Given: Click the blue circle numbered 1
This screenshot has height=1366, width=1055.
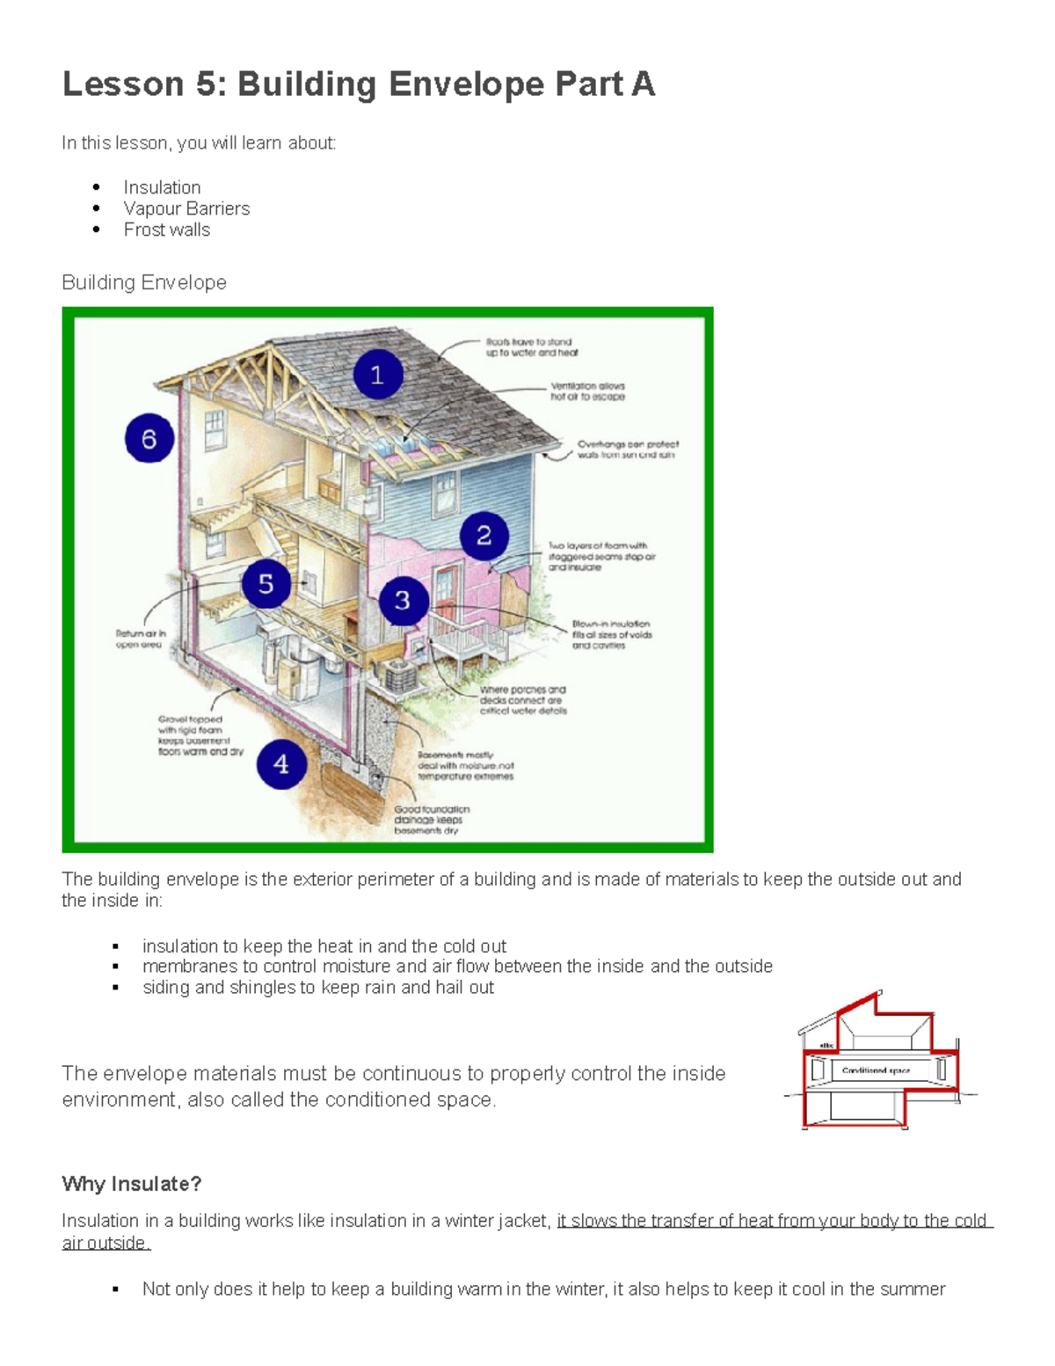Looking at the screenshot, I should [378, 375].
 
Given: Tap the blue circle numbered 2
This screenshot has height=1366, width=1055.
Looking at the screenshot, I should [484, 536].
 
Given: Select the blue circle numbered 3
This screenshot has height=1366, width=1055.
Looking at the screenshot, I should [403, 600].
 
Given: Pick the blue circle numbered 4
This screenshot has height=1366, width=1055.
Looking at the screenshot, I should [281, 763].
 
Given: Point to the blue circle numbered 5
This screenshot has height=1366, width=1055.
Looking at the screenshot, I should [266, 583].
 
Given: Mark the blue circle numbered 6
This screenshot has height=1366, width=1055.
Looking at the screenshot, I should [149, 438].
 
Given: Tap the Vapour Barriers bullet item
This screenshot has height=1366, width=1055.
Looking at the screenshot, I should [186, 208].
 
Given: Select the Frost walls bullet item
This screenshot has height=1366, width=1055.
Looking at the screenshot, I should [166, 230].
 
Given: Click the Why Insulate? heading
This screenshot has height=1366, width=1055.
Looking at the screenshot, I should [131, 1184].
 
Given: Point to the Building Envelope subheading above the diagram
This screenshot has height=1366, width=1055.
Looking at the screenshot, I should [144, 282].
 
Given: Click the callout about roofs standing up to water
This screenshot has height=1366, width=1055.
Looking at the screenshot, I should [532, 347].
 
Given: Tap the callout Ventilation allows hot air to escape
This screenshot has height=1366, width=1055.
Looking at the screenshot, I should [587, 391].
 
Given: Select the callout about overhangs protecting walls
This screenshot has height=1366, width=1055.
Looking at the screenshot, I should [627, 449].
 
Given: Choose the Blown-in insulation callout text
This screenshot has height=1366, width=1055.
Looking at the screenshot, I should [612, 634].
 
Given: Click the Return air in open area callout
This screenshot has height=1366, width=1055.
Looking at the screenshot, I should [140, 639].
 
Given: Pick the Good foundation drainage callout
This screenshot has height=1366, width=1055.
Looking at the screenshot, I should [431, 819].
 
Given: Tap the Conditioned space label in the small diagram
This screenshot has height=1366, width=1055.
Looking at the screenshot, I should [876, 1070].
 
